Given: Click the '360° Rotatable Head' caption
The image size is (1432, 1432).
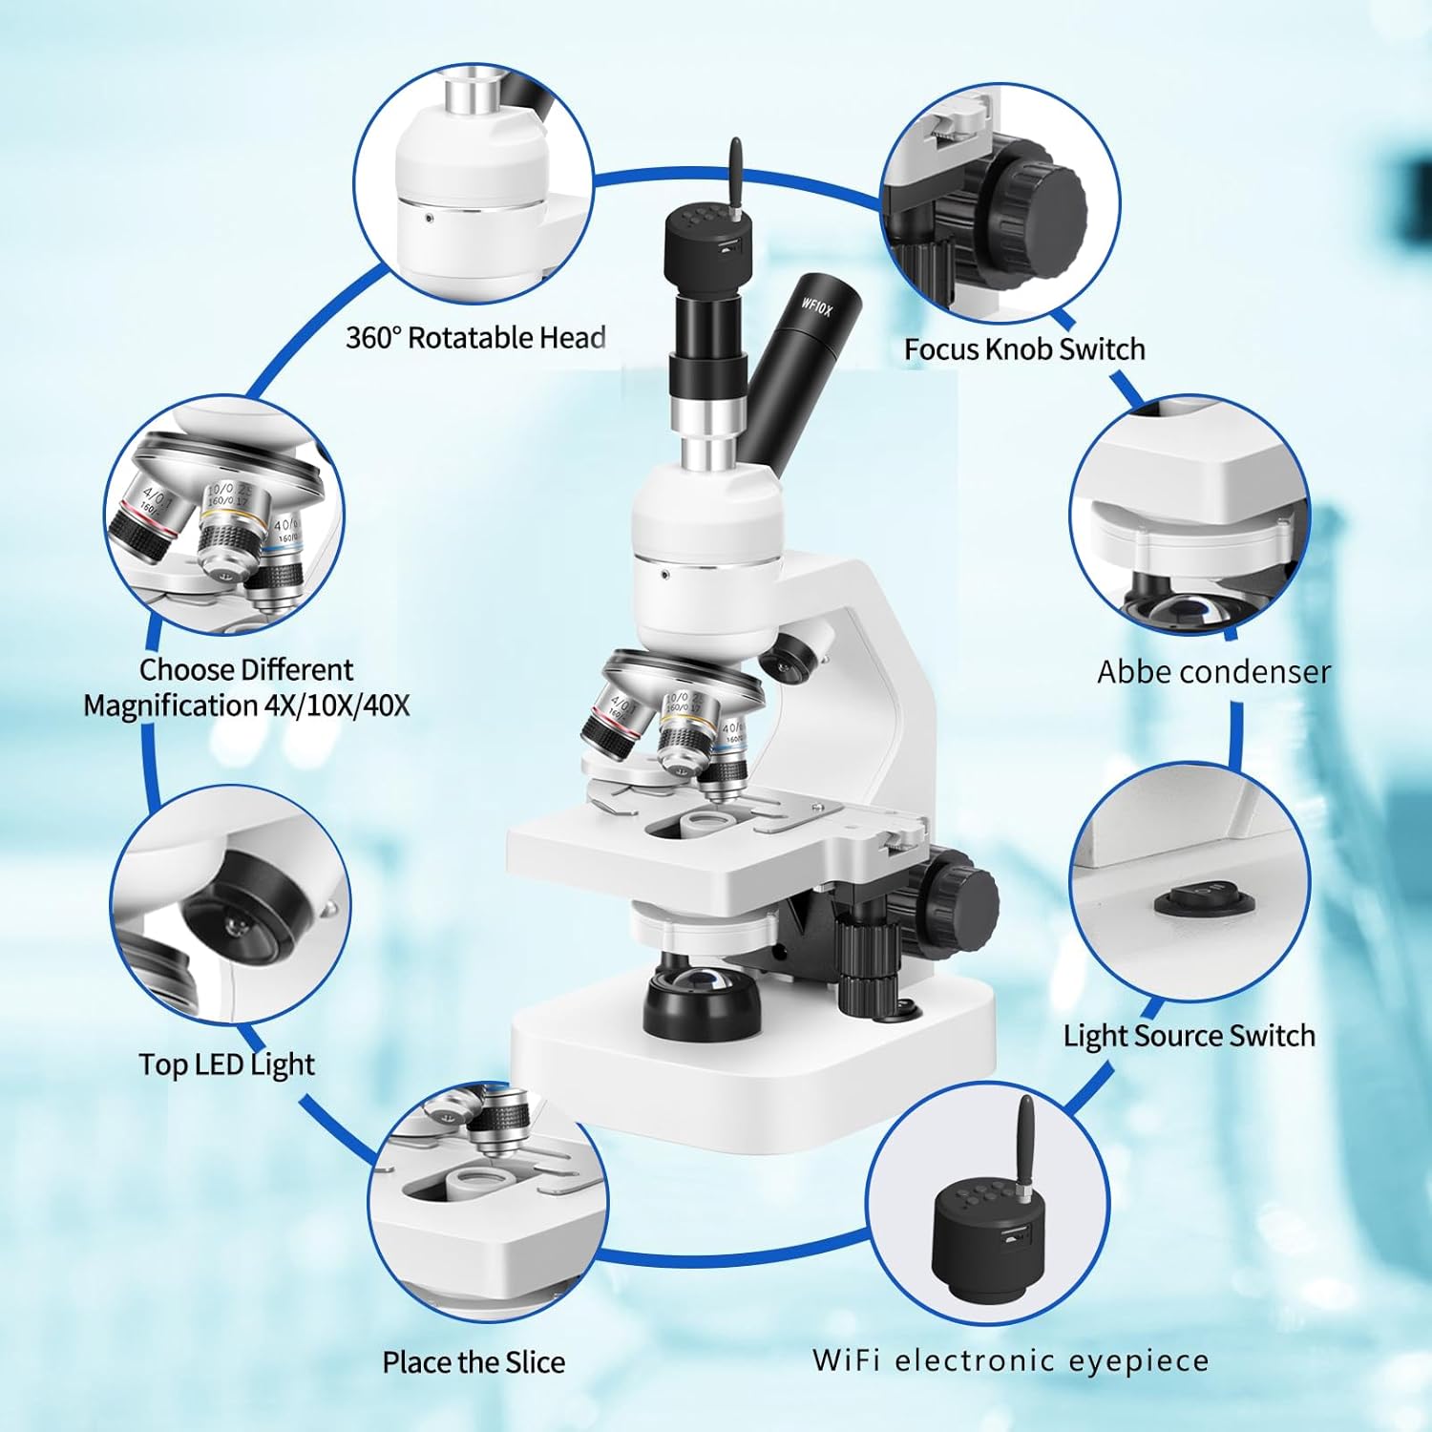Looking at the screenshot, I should click(x=474, y=338).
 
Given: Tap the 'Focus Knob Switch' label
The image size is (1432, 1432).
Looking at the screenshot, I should click(x=1023, y=349).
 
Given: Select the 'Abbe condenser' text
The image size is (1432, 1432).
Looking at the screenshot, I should click(x=1212, y=672).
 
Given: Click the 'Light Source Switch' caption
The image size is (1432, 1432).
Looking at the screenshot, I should click(x=1189, y=1036).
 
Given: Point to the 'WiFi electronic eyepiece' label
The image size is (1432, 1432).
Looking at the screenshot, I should click(x=1010, y=1360).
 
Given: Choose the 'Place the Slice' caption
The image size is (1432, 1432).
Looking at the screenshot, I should click(x=474, y=1362).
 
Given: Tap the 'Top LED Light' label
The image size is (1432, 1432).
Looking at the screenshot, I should click(x=226, y=1064).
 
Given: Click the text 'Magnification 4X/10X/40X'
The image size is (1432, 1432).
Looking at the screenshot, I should click(x=246, y=705).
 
